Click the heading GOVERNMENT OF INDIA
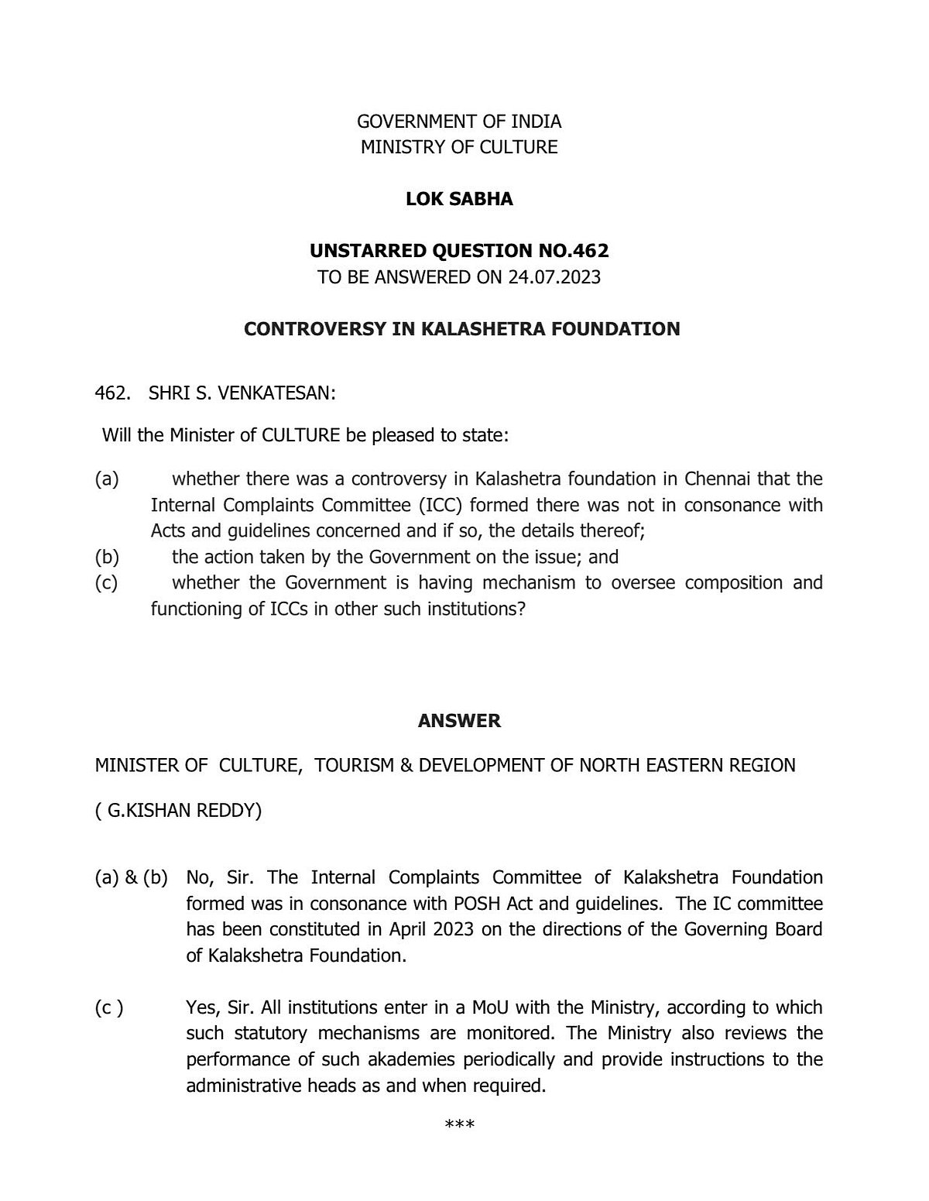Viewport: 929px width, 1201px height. click(x=458, y=122)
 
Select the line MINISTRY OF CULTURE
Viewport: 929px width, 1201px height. click(x=458, y=147)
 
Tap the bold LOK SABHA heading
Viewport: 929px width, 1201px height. click(x=459, y=199)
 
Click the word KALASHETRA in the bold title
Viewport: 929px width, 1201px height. click(x=484, y=329)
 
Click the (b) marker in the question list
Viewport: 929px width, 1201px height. click(x=106, y=557)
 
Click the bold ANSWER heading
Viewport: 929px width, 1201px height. click(x=459, y=721)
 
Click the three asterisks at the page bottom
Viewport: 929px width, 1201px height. click(x=459, y=1124)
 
